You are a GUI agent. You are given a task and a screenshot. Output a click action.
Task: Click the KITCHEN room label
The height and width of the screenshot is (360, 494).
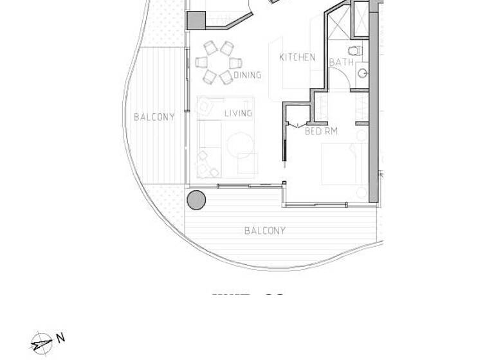click(x=297, y=57)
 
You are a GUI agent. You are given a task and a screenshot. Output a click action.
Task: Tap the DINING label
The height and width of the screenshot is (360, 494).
click(x=248, y=75)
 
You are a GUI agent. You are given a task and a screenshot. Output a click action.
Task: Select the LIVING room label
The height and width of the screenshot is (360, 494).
click(x=238, y=114)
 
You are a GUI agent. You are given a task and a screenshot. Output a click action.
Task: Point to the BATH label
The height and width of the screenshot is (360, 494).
click(x=341, y=62)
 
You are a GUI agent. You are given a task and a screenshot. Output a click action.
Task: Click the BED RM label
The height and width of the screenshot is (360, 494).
click(x=321, y=131)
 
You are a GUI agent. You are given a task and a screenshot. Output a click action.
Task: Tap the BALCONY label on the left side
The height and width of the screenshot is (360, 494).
click(x=154, y=117)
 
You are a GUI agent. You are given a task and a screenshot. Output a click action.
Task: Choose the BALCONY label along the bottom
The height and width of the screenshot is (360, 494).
click(x=264, y=230)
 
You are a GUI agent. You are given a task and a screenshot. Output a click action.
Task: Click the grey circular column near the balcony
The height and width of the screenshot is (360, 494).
click(x=196, y=200)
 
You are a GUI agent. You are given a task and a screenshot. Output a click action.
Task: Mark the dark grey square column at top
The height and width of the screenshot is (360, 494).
click(x=196, y=21)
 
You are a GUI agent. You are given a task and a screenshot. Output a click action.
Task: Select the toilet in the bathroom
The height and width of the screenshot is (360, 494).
click(x=354, y=50)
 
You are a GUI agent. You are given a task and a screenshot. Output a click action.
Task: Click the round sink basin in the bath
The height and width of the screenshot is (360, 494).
click(x=363, y=73)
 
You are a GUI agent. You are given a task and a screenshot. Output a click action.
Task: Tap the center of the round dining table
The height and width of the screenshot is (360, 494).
click(x=218, y=62)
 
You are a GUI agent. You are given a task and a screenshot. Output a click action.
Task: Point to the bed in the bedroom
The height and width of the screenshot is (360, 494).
click(x=344, y=164)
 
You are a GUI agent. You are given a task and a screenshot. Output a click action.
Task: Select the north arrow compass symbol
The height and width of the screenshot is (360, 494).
click(x=42, y=343)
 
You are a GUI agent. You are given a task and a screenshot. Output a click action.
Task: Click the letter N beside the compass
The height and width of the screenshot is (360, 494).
click(x=60, y=337)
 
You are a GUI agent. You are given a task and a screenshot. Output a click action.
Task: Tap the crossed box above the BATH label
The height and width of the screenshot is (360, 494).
click(x=337, y=26)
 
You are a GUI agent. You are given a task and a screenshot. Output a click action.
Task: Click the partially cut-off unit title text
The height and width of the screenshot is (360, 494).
click(x=248, y=296)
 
